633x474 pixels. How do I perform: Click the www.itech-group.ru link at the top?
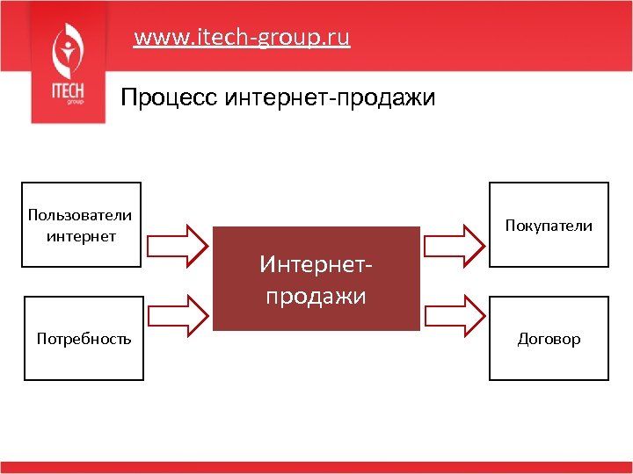coord(242,38)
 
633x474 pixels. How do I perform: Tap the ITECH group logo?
coord(66,63)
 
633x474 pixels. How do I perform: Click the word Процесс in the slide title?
coord(170,96)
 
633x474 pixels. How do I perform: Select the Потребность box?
coord(84,338)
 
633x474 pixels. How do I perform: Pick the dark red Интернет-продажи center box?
coord(316,278)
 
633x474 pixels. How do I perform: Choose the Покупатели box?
coord(549,224)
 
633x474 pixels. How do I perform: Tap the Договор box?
coord(549,338)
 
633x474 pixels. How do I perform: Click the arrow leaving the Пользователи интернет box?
coord(178,243)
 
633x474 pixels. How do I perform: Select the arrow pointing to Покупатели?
coord(453,243)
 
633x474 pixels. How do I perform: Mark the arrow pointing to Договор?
coord(453,313)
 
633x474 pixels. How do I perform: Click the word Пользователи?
coord(80,215)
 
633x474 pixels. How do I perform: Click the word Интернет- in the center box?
coord(316,263)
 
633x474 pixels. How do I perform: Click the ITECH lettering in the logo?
coord(65,91)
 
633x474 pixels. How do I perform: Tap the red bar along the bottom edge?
coord(316,467)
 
